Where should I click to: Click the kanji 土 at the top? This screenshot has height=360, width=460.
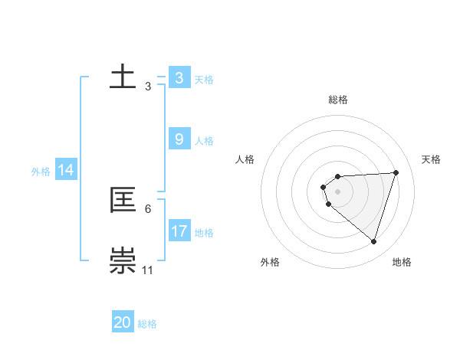pos(123,78)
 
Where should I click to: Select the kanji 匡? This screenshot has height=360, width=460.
pos(123,201)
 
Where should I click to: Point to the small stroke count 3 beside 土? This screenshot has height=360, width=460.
pos(148,87)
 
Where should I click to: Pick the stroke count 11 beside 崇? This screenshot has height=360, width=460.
pos(148,270)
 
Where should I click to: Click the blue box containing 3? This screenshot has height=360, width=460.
pos(179,78)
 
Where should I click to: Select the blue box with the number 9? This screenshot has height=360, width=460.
pos(179,139)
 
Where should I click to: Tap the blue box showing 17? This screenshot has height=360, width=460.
pos(179,231)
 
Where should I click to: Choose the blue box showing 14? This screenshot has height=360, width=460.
pos(66,171)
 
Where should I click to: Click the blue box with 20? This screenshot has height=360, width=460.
pos(123,322)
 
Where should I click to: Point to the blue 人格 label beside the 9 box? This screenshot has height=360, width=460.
pos(204,141)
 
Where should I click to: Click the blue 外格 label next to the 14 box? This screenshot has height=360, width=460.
pos(41,172)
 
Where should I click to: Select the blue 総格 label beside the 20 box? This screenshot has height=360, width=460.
pos(147,324)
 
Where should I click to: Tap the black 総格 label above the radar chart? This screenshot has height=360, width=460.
pos(338,100)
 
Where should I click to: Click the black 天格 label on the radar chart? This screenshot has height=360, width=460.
pos(431,159)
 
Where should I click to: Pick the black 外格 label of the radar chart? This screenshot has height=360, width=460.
pos(269,262)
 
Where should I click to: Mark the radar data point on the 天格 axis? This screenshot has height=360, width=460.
pos(396,172)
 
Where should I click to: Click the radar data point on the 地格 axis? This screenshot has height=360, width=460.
pos(373,241)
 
